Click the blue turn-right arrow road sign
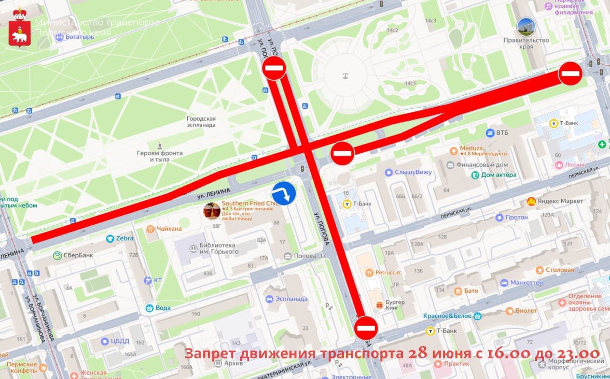point(284,194)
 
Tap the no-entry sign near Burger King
point(366,328)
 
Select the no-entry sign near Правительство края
point(570,74)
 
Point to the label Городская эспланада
point(201,122)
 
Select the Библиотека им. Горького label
point(218,249)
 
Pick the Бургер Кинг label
point(394,305)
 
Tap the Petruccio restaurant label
point(387,272)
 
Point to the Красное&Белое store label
point(447,316)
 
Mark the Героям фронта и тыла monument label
point(160,156)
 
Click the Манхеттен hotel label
point(526,283)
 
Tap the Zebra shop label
point(124,239)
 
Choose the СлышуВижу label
point(413,172)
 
